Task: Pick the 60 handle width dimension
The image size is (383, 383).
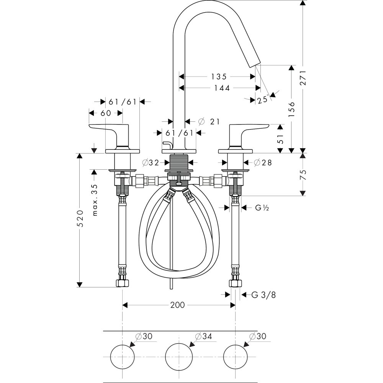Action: pos(106,113)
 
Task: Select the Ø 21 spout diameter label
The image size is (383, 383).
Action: pos(210,121)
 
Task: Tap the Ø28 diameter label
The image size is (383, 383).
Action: pos(262,162)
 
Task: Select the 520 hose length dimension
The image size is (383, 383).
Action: pos(81,220)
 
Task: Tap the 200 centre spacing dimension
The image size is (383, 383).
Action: pos(177,305)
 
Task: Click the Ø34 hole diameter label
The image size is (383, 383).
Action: pos(203,336)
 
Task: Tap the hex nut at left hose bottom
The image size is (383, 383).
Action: pos(122,283)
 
